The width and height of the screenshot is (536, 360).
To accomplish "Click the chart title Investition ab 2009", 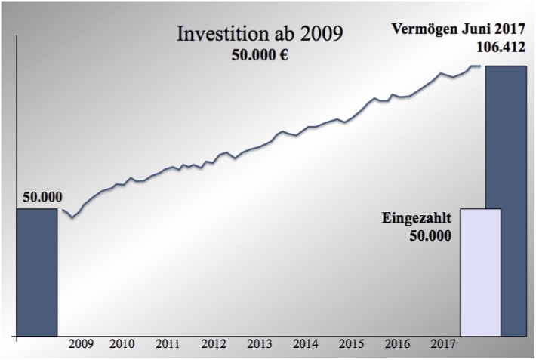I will [259, 34].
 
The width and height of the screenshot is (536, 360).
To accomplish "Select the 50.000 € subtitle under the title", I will [261, 57].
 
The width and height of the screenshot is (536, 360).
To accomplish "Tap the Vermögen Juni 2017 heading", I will [457, 30].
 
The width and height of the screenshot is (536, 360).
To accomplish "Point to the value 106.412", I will [501, 48].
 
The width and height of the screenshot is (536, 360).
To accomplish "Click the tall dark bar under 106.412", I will [506, 200].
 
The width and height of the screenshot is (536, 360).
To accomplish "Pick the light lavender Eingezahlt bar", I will [480, 272].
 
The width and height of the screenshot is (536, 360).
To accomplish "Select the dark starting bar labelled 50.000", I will [36, 272].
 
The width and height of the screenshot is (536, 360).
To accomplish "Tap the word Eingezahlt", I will [417, 219].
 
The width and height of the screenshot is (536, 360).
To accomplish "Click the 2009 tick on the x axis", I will [81, 345].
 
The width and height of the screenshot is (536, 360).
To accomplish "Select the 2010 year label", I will [122, 345].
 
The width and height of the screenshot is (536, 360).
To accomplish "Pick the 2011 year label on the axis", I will [168, 345].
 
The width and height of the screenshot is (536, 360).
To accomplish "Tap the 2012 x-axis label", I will [214, 345].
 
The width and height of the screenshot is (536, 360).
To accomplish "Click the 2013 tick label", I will [259, 345].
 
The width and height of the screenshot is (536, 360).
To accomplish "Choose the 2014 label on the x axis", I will [305, 345].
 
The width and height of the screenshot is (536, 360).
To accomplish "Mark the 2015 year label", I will [351, 345].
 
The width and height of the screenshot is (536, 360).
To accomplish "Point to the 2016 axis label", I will [397, 345].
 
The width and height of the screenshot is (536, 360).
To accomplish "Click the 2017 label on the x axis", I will [442, 345].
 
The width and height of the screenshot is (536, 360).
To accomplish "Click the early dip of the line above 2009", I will [72, 218].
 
